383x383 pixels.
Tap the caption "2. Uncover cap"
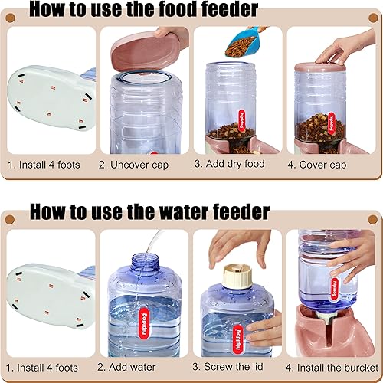click(x=141, y=164)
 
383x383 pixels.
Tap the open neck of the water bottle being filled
click(x=141, y=267)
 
